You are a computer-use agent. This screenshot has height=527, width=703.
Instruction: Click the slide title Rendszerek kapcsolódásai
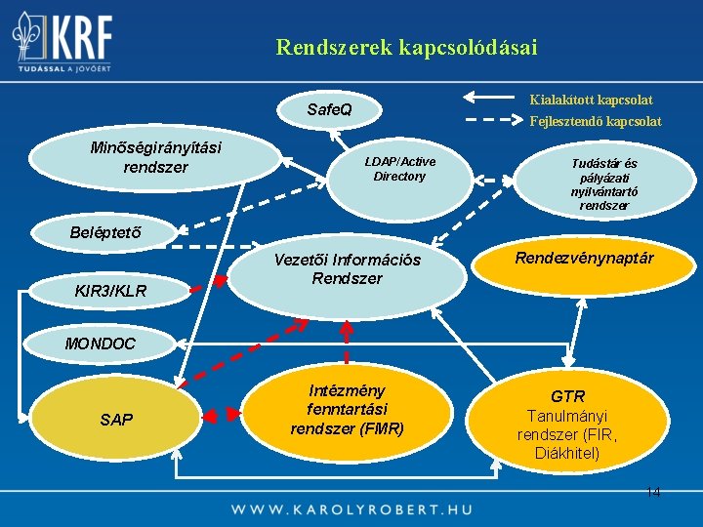pos(406,47)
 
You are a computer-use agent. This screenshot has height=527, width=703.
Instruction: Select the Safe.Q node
pos(329,110)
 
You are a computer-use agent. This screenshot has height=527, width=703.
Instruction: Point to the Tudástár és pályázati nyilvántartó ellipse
pos(603,184)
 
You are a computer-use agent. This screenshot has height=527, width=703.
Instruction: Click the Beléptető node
pos(104,232)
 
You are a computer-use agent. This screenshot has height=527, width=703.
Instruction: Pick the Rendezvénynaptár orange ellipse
pos(584,260)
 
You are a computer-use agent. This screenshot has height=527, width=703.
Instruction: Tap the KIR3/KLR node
pos(110,291)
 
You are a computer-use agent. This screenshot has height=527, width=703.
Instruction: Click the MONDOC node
pos(101,343)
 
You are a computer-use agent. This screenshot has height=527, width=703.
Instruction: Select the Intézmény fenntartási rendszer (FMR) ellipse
pos(348,409)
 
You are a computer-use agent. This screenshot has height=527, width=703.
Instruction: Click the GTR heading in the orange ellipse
pos(567,396)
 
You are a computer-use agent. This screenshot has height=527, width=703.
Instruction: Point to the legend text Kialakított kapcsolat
pos(591,100)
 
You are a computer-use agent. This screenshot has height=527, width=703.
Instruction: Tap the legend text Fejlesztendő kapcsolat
pos(595,121)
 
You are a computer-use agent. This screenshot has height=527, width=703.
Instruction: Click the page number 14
pos(652,492)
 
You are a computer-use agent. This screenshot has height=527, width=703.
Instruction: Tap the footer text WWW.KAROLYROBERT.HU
pos(351,509)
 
